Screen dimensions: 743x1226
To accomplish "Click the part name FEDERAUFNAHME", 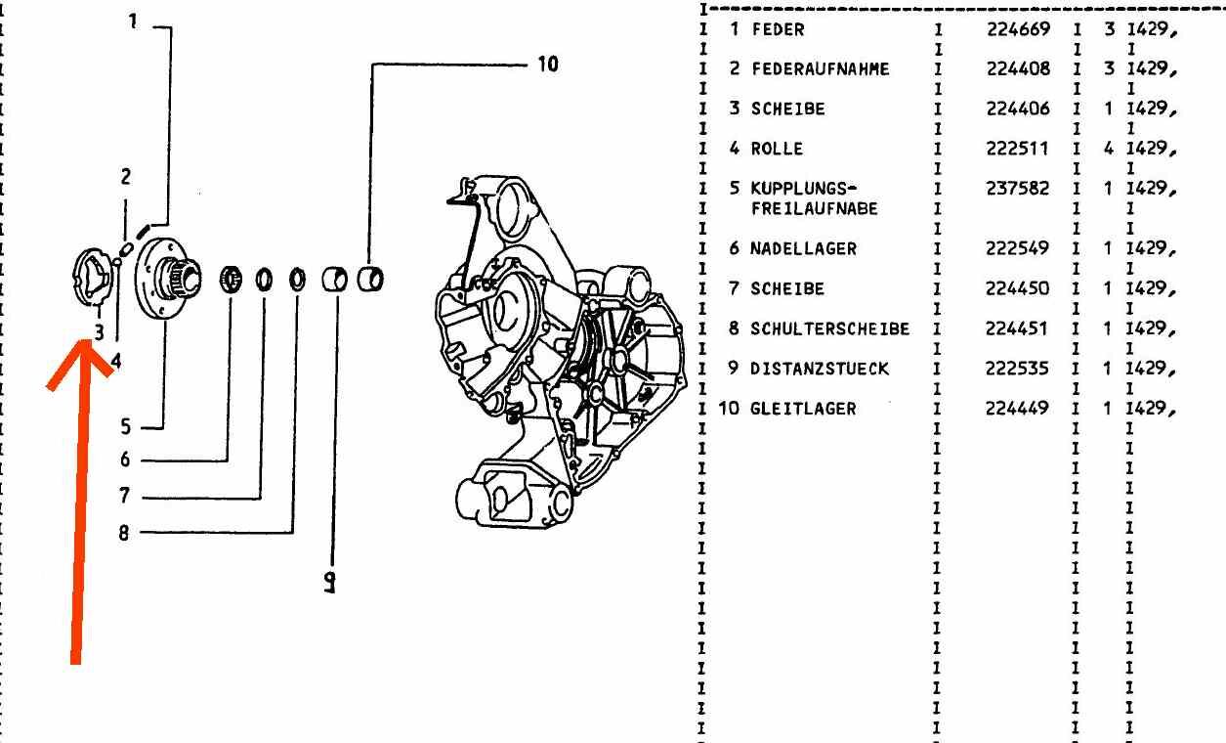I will tap(807, 69).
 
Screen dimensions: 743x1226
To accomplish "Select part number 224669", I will tap(1018, 29).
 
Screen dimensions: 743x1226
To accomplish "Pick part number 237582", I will tap(1018, 188).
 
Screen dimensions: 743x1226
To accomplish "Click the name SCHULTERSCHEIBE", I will tap(829, 328).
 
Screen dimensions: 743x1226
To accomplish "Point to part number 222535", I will tap(1018, 369).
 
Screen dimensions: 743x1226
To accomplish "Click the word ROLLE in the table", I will tap(777, 149).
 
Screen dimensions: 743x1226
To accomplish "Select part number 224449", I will tap(1018, 409).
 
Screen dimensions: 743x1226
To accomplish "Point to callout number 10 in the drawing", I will tap(547, 65).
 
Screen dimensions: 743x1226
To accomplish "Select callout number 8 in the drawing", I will tap(125, 534).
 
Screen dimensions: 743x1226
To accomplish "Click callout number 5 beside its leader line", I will tap(125, 426).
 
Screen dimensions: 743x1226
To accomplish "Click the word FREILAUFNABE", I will tap(814, 208).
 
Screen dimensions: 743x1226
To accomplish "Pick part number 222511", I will tap(1018, 149).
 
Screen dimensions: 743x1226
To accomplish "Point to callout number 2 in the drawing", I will tap(125, 177).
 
